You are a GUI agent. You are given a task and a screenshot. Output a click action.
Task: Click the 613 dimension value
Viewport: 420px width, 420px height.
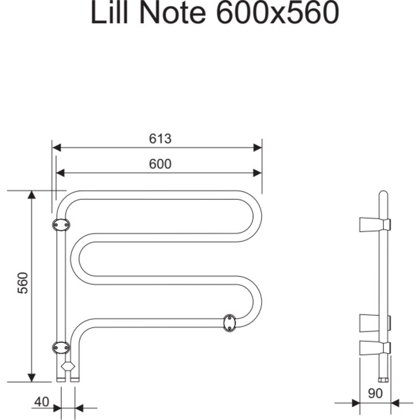pos(160,138)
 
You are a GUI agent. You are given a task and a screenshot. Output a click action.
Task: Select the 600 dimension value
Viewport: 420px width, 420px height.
pos(160,163)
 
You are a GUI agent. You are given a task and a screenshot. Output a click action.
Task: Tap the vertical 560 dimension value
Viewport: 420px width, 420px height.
pos(23,283)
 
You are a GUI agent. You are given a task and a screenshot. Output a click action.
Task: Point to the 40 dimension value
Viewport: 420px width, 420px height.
pos(42,402)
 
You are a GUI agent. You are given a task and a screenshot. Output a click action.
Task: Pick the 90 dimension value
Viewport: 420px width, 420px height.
pos(375,393)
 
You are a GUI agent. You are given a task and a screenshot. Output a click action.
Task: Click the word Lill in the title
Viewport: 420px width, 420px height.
pos(110,13)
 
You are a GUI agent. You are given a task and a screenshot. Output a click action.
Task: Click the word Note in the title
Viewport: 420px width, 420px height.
pos(173,13)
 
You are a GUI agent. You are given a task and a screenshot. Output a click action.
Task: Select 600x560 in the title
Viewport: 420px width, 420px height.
pos(278,13)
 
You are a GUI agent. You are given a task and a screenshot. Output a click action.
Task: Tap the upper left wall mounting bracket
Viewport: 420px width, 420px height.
pos(61,225)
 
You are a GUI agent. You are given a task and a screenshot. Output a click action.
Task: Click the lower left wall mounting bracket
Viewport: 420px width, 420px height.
pos(61,347)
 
